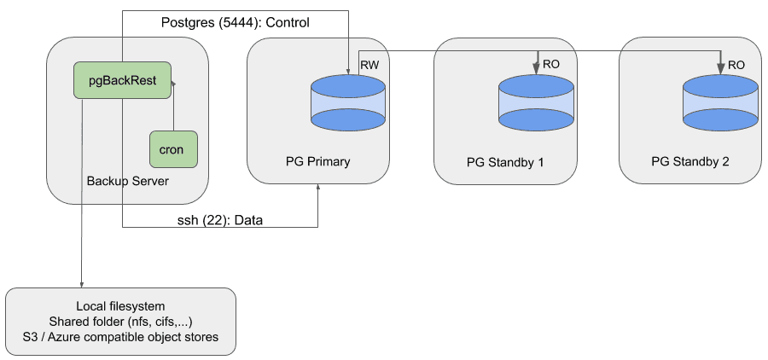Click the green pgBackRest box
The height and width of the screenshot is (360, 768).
click(122, 80)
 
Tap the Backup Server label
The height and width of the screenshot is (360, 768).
click(127, 181)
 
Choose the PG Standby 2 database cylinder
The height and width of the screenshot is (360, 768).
click(720, 102)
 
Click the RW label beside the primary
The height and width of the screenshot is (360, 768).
click(369, 65)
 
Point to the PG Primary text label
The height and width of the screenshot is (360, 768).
click(317, 161)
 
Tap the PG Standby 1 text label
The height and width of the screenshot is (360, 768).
click(505, 162)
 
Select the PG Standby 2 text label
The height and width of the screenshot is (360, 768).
click(689, 161)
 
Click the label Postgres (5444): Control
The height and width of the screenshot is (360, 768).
click(235, 23)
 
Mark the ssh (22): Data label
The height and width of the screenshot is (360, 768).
click(213, 220)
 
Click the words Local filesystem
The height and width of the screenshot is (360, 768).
click(119, 305)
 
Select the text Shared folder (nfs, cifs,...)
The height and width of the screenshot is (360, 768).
click(120, 321)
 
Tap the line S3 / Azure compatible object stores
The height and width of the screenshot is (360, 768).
click(120, 337)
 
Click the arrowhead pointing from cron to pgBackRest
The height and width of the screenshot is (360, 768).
click(173, 84)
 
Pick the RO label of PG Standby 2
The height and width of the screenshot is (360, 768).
click(736, 65)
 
